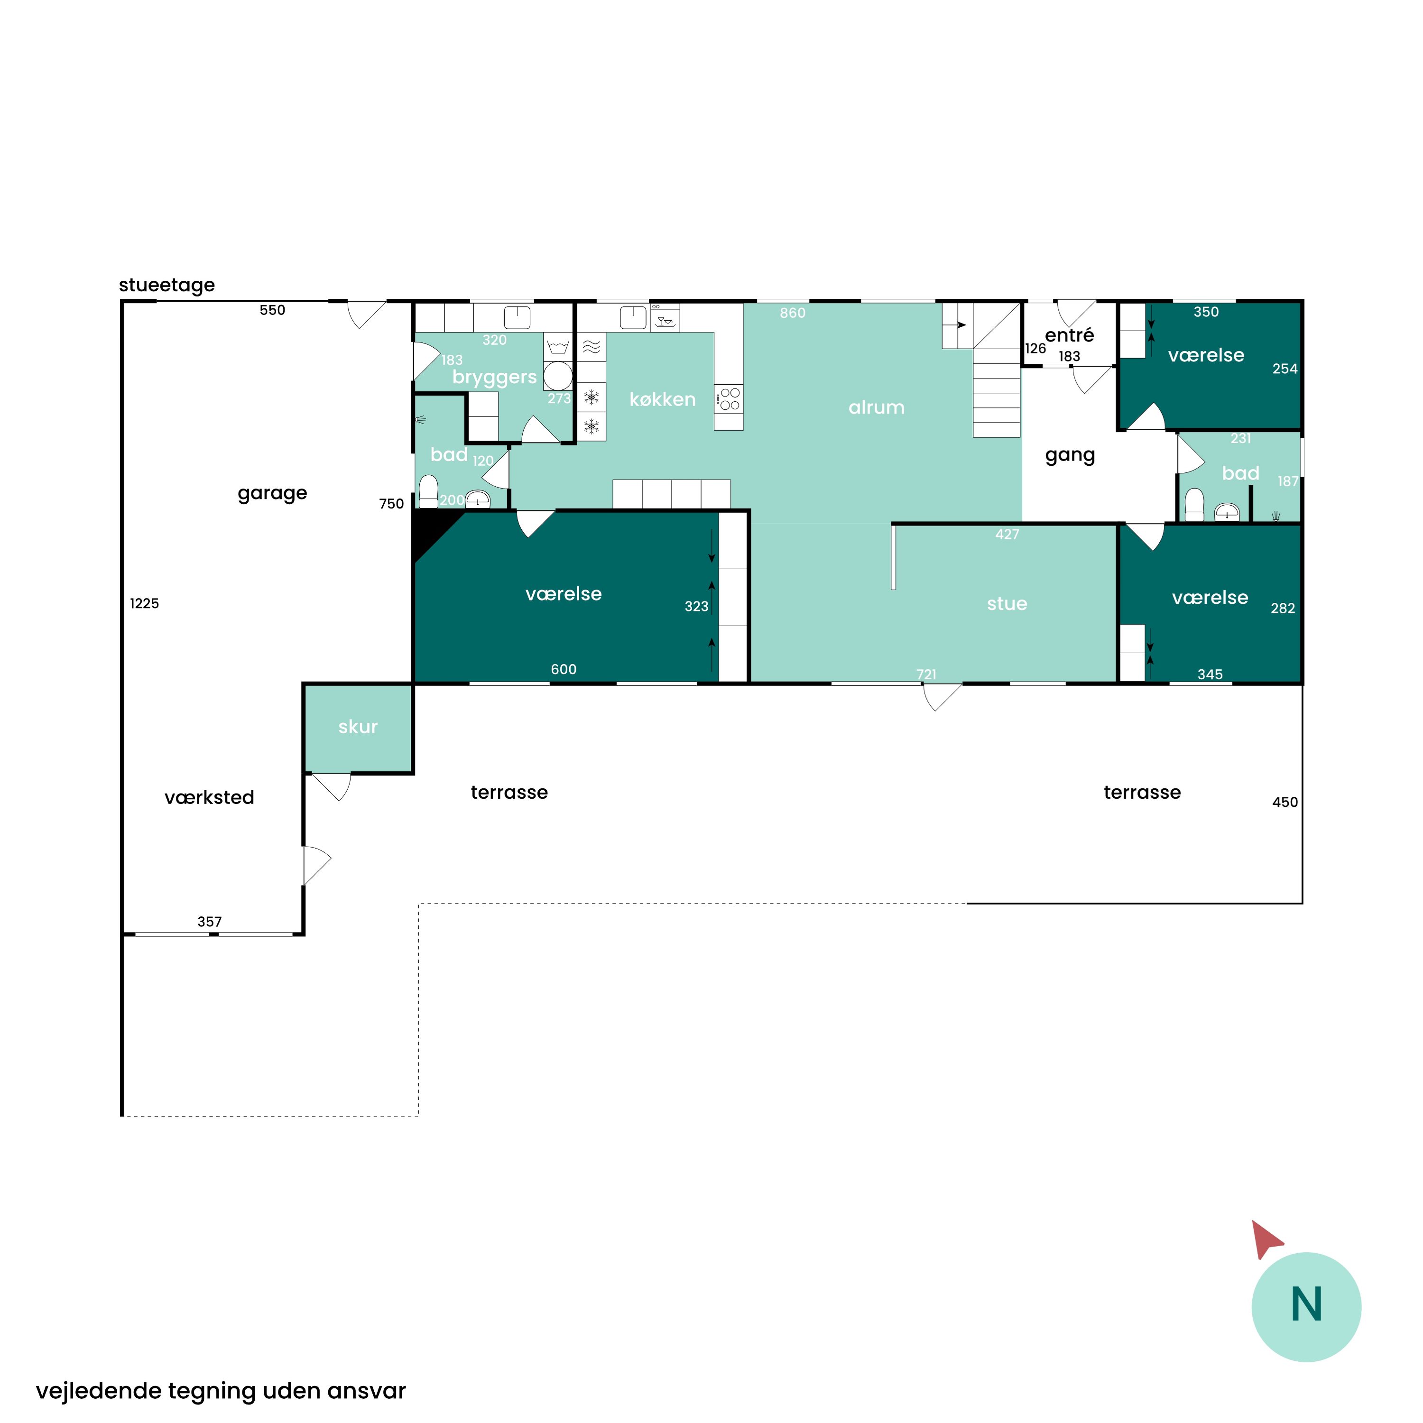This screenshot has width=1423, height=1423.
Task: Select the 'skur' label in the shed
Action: (x=358, y=727)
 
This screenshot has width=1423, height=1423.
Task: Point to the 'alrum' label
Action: (x=877, y=407)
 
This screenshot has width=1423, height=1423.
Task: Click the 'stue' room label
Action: (x=1007, y=604)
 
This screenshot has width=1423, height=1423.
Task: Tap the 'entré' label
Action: (x=1070, y=335)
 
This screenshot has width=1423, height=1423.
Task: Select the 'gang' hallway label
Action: (x=1070, y=456)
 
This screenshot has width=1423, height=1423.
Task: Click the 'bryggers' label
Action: (x=494, y=377)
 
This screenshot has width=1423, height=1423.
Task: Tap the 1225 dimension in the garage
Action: (x=144, y=604)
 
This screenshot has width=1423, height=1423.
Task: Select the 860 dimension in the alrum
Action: (x=793, y=313)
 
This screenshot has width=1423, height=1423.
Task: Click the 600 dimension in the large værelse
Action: (x=564, y=669)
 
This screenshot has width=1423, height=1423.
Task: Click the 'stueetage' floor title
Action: (x=167, y=285)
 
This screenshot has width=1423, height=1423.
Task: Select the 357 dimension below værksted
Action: (x=210, y=922)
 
